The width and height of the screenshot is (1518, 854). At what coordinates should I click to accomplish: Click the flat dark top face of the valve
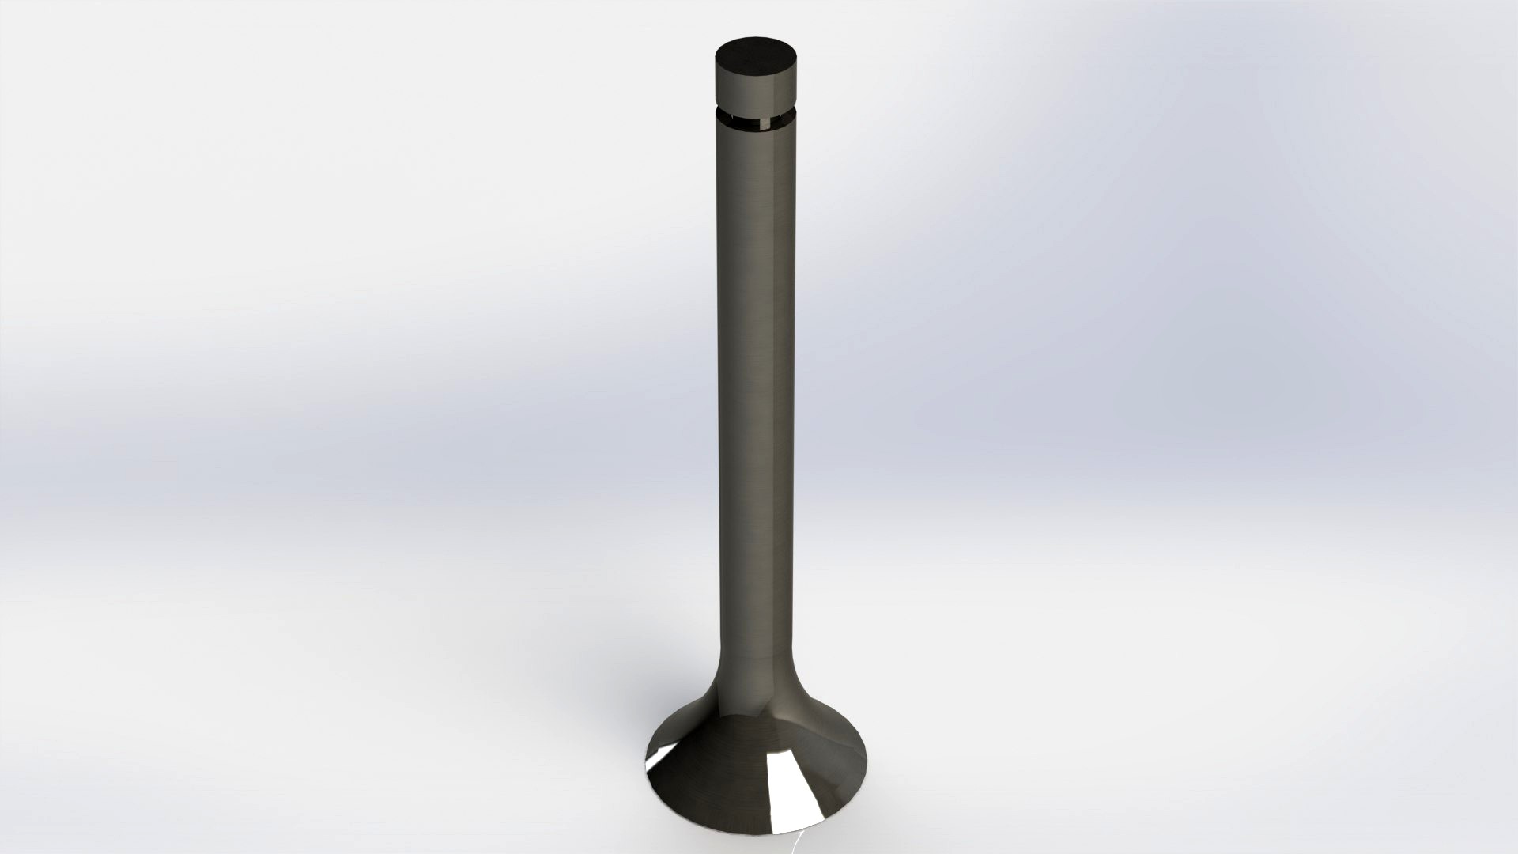(x=754, y=58)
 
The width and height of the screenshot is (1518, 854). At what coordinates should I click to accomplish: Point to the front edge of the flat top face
(x=754, y=77)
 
